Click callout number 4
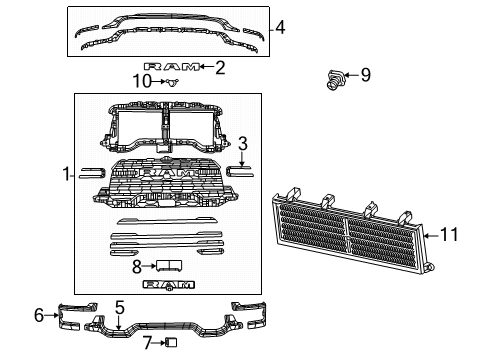click(x=280, y=28)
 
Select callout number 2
click(x=220, y=68)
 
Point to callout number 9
click(x=365, y=74)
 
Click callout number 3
click(x=242, y=143)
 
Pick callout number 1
click(x=66, y=174)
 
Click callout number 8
click(x=138, y=266)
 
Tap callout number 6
click(x=38, y=316)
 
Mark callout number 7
click(x=147, y=343)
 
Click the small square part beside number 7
click(x=170, y=343)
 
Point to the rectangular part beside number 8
click(x=167, y=266)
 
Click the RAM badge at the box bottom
click(x=167, y=285)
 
